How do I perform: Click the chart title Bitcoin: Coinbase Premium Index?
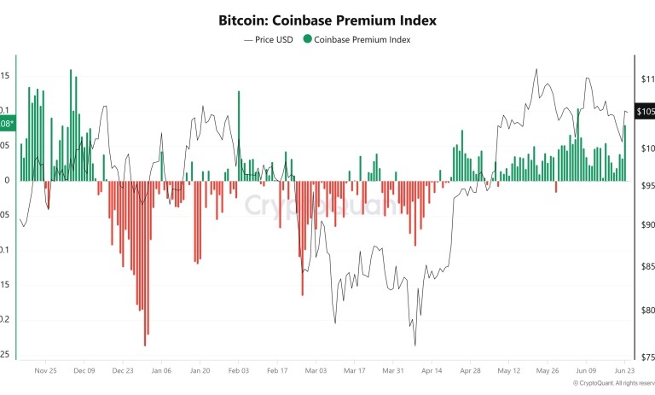pyautogui.click(x=327, y=19)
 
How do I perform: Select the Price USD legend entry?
pyautogui.click(x=270, y=39)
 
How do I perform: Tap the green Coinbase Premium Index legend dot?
pyautogui.click(x=307, y=39)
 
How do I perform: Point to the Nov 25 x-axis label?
pyautogui.click(x=46, y=371)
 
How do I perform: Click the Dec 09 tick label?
pyautogui.click(x=84, y=371)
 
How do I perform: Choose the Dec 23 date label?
pyautogui.click(x=123, y=371)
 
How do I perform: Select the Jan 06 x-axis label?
pyautogui.click(x=161, y=371)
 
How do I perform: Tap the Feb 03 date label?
pyautogui.click(x=238, y=371)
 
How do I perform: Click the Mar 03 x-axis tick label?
pyautogui.click(x=316, y=371)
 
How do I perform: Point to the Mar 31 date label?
pyautogui.click(x=393, y=371)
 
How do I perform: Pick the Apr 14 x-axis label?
pyautogui.click(x=432, y=371)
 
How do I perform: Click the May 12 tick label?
pyautogui.click(x=509, y=371)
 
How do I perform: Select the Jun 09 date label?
pyautogui.click(x=586, y=371)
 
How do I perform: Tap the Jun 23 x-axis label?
pyautogui.click(x=624, y=371)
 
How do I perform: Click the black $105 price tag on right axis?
pyautogui.click(x=645, y=112)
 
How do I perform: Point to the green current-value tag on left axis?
pyautogui.click(x=7, y=125)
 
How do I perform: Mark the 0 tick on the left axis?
pyautogui.click(x=7, y=180)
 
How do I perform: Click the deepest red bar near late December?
pyautogui.click(x=145, y=341)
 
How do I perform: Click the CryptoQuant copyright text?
pyautogui.click(x=612, y=385)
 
